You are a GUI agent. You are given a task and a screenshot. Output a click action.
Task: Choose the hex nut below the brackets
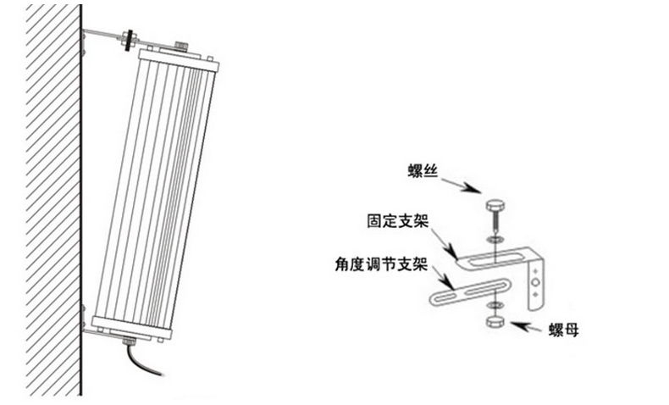coord(495,324)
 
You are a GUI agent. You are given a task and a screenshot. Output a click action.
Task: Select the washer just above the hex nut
coord(495,306)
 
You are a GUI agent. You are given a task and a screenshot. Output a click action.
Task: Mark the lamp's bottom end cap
coord(130,325)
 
